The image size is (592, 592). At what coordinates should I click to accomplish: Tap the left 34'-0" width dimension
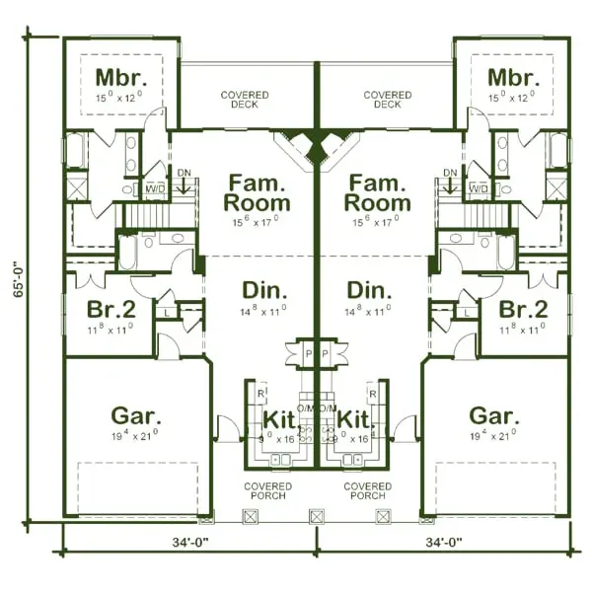(x=187, y=541)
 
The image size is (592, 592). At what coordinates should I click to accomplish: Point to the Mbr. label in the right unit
(x=513, y=78)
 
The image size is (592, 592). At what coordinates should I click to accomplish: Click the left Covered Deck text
(x=245, y=100)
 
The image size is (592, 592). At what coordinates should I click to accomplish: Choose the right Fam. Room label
(x=378, y=193)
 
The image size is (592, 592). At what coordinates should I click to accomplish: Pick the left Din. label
(x=264, y=292)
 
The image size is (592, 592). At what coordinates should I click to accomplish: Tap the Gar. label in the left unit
(x=136, y=414)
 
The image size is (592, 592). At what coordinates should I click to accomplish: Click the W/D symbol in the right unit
(x=479, y=187)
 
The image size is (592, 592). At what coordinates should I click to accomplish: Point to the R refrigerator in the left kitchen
(x=259, y=393)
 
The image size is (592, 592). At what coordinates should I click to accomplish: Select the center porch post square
(x=317, y=516)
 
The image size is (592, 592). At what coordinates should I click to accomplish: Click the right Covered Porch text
(x=367, y=490)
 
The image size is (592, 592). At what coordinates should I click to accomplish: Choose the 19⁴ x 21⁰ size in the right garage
(x=492, y=434)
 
